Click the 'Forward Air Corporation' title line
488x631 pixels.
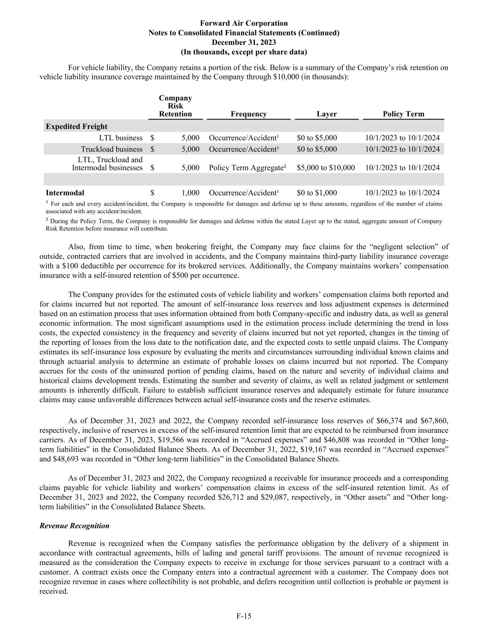244,23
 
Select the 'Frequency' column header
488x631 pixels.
248,114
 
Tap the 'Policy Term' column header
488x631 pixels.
403,114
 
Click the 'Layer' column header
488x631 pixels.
327,114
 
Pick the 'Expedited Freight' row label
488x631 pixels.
76,127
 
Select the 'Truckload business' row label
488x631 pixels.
111,149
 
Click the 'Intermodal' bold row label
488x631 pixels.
65,193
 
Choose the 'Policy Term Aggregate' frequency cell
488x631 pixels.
247,168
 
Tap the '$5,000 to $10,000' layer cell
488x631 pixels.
326,168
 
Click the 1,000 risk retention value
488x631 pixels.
191,193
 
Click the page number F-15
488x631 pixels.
244,616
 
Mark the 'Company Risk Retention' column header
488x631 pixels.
175,106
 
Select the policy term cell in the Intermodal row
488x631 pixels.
402,193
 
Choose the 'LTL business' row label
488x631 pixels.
120,138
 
